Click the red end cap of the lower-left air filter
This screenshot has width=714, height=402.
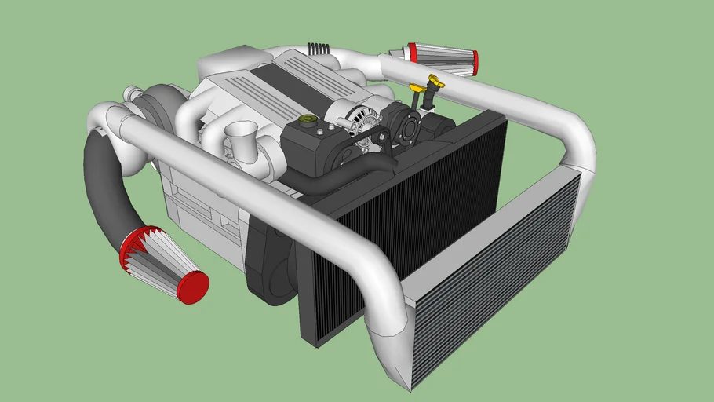point(192,287)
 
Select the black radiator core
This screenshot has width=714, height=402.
point(408,228)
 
